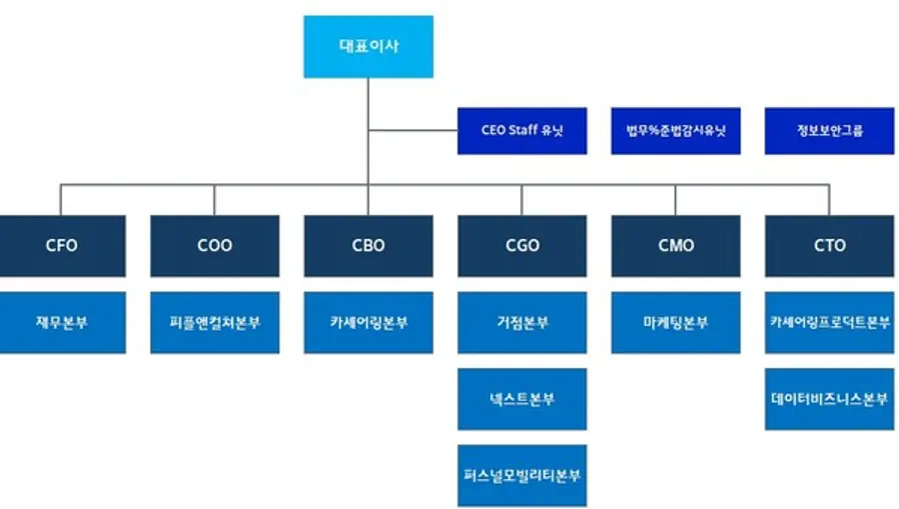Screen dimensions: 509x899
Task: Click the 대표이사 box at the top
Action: (368, 46)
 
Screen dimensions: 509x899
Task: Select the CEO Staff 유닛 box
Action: (521, 131)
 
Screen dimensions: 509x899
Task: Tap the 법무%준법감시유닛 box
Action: (675, 131)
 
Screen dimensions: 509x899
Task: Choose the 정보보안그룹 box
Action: (829, 131)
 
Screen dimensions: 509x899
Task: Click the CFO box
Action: (61, 245)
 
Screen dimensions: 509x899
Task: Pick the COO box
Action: (215, 245)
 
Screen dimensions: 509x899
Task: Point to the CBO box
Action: (368, 245)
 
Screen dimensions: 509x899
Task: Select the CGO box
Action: (521, 245)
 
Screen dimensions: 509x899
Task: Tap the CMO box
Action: (675, 245)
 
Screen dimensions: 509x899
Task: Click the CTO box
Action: (829, 245)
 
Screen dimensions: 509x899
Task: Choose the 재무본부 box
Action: (61, 322)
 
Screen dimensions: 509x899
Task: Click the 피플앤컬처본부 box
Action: (215, 322)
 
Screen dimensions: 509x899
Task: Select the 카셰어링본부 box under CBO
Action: (368, 322)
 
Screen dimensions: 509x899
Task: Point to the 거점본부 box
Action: (521, 322)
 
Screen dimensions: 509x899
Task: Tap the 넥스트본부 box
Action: (521, 398)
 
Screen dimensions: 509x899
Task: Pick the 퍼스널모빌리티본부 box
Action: (521, 474)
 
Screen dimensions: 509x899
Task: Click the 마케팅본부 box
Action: (675, 322)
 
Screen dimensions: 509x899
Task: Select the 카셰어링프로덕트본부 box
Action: (829, 322)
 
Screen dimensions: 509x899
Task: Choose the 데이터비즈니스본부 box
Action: (829, 398)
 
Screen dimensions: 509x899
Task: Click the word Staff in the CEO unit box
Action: (523, 131)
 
